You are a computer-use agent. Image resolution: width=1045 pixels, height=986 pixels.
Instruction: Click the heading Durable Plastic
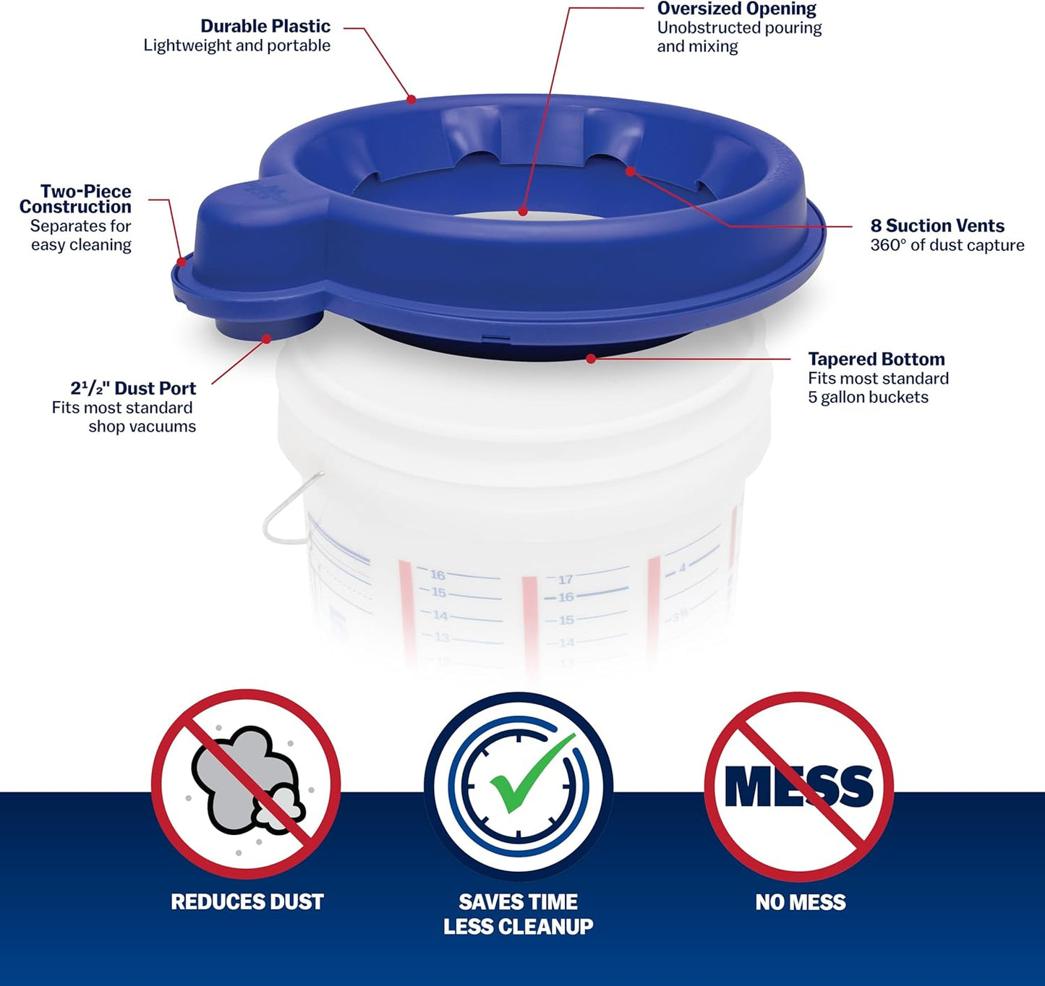pyautogui.click(x=265, y=27)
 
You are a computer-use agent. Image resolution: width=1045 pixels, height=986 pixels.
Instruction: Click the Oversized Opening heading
pyautogui.click(x=736, y=9)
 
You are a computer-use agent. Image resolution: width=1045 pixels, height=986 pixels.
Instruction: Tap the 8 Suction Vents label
pyautogui.click(x=937, y=226)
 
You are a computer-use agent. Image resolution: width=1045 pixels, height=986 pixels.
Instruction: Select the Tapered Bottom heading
pyautogui.click(x=876, y=359)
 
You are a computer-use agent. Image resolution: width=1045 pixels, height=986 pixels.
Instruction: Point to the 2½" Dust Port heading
pyautogui.click(x=133, y=388)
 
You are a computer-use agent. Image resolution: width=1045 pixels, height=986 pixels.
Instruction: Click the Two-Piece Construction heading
pyautogui.click(x=75, y=199)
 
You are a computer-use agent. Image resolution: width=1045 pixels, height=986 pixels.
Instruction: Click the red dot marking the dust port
pyautogui.click(x=267, y=338)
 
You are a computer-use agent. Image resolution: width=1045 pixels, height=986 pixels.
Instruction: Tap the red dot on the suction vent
pyautogui.click(x=630, y=171)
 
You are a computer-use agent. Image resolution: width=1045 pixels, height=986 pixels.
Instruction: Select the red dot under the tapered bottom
pyautogui.click(x=591, y=359)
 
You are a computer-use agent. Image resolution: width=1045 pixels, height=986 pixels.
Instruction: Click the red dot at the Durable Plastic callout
pyautogui.click(x=411, y=99)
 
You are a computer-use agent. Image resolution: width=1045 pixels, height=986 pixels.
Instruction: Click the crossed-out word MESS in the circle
pyautogui.click(x=798, y=786)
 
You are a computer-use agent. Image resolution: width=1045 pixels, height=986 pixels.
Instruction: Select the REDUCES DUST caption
pyautogui.click(x=247, y=902)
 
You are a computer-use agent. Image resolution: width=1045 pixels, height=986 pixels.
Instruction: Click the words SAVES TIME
pyautogui.click(x=518, y=902)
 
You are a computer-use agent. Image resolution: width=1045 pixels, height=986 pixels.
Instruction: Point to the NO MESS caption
pyautogui.click(x=800, y=902)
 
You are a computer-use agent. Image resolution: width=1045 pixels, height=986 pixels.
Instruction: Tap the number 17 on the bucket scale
pyautogui.click(x=566, y=579)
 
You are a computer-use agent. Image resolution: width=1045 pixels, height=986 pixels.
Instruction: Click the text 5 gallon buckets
pyautogui.click(x=867, y=398)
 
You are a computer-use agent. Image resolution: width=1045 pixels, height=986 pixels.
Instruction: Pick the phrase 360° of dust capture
pyautogui.click(x=947, y=246)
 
